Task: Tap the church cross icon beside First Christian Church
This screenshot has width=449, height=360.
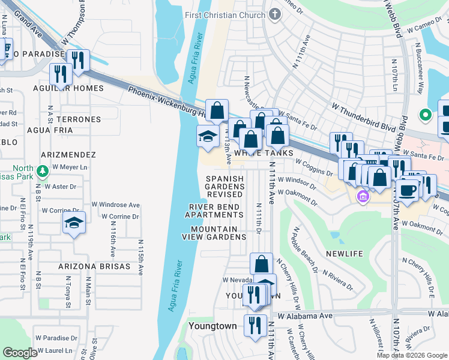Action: pyautogui.click(x=275, y=14)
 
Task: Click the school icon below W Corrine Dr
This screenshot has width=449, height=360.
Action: pyautogui.click(x=74, y=223)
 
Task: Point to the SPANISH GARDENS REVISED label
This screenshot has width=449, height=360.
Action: pyautogui.click(x=225, y=187)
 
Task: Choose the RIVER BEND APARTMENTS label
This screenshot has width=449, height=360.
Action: pyautogui.click(x=214, y=211)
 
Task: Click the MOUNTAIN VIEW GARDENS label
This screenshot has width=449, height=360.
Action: pyautogui.click(x=214, y=233)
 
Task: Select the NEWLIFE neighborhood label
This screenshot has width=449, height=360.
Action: pyautogui.click(x=345, y=254)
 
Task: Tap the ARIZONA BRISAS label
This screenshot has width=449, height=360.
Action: pyautogui.click(x=94, y=266)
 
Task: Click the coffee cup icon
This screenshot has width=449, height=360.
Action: pyautogui.click(x=408, y=189)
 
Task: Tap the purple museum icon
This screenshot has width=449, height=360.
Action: pyautogui.click(x=362, y=197)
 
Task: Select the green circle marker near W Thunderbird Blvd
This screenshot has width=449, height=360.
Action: pyautogui.click(x=426, y=114)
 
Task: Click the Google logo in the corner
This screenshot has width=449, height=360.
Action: pyautogui.click(x=20, y=353)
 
